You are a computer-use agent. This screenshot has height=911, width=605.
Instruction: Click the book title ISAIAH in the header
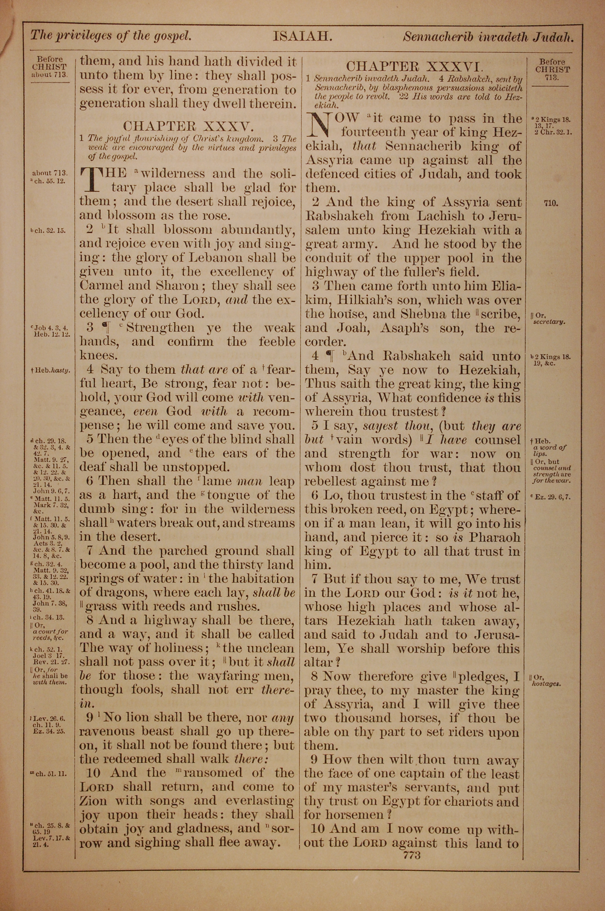coord(302,37)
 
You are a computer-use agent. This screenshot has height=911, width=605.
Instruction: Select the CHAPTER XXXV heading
coord(188,126)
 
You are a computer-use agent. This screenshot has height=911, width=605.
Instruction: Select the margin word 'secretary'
coord(549,321)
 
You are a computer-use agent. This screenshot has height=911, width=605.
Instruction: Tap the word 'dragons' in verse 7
coord(113,593)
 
